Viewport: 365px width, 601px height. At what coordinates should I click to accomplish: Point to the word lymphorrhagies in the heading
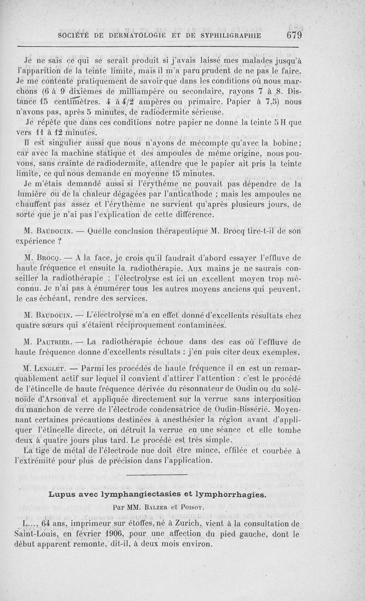[230, 494]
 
